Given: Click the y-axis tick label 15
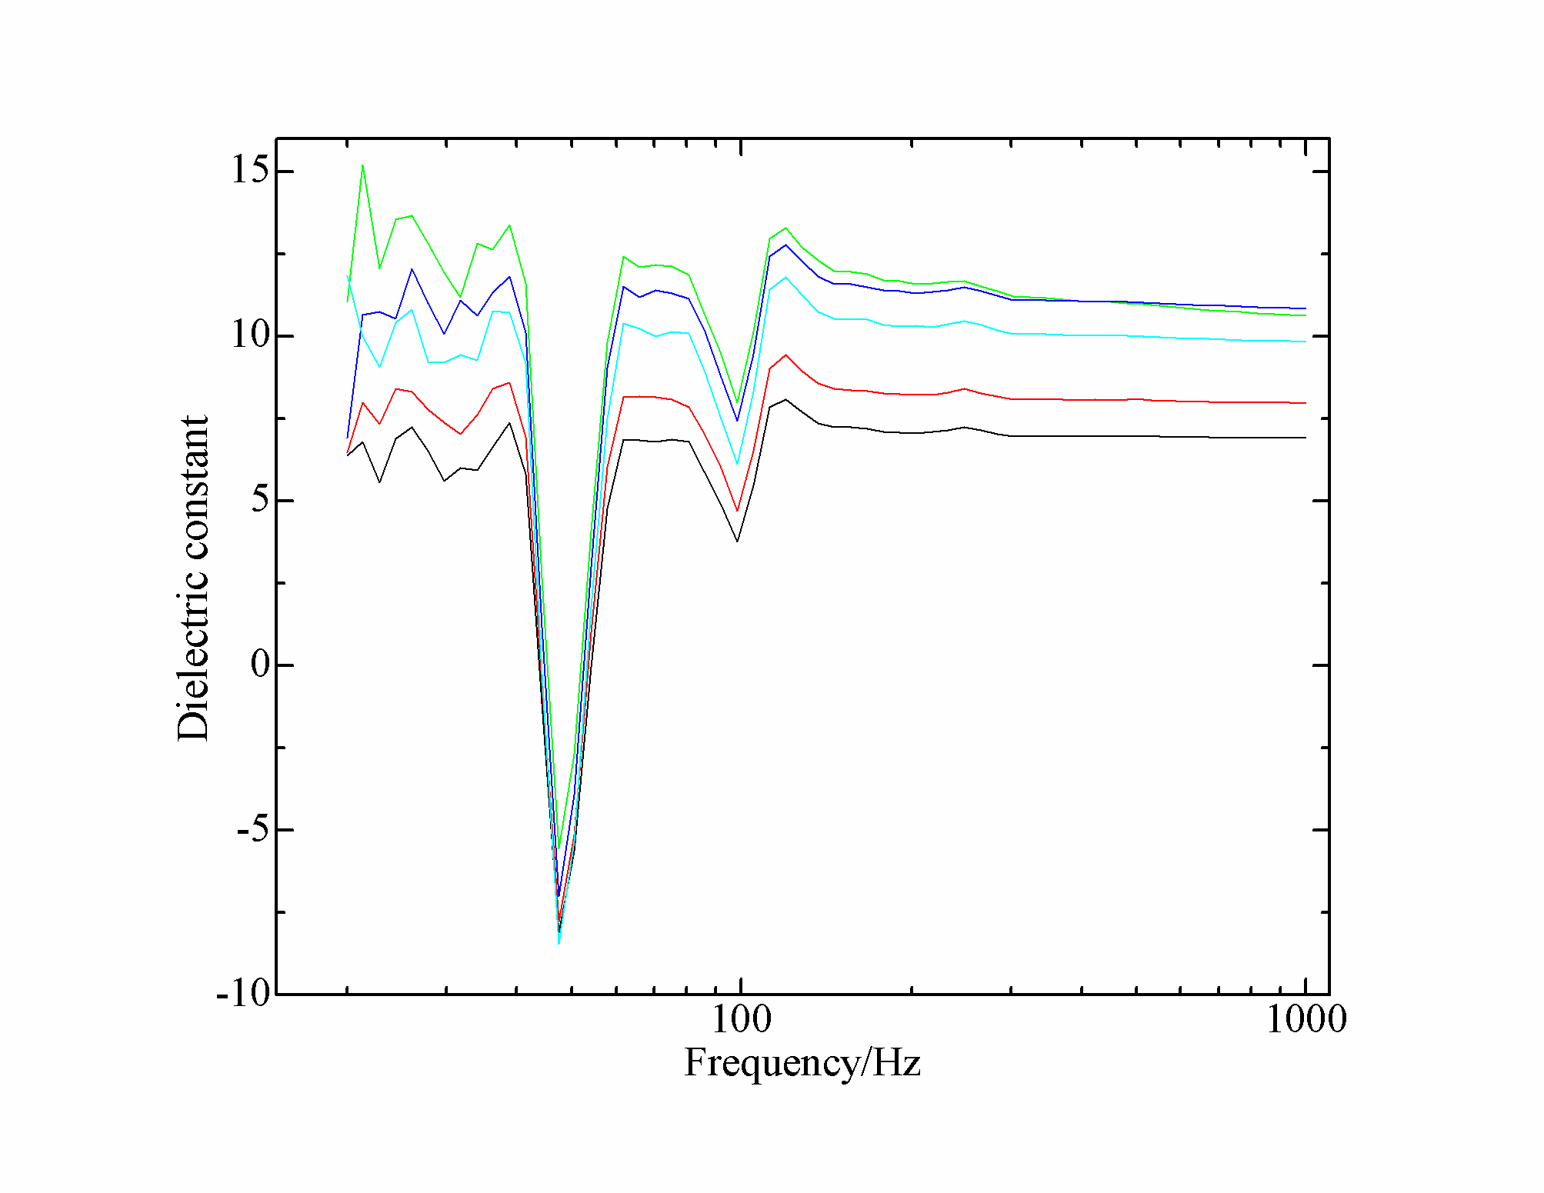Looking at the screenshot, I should (251, 170).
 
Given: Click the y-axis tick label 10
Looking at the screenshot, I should (251, 335).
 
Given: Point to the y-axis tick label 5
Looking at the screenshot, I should (260, 500).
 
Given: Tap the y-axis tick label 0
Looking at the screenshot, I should (260, 665).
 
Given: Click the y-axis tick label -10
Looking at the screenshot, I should (244, 994).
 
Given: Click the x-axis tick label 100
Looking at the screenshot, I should (740, 1020).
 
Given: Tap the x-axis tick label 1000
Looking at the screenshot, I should (1306, 1020).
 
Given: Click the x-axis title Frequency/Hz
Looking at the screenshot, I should (802, 1063).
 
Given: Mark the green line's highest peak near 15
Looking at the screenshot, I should (362, 165).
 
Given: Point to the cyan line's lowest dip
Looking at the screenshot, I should (559, 942).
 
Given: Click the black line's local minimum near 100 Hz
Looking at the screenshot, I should (737, 541).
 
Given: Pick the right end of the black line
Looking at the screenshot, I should (1306, 438).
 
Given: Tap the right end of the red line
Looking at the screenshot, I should (1306, 403).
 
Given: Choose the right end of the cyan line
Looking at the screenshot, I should (1306, 342).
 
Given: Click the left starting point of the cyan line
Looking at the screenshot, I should (348, 277).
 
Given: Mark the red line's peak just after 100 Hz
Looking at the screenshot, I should (785, 355).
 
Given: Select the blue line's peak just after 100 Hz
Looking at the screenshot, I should (785, 245).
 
